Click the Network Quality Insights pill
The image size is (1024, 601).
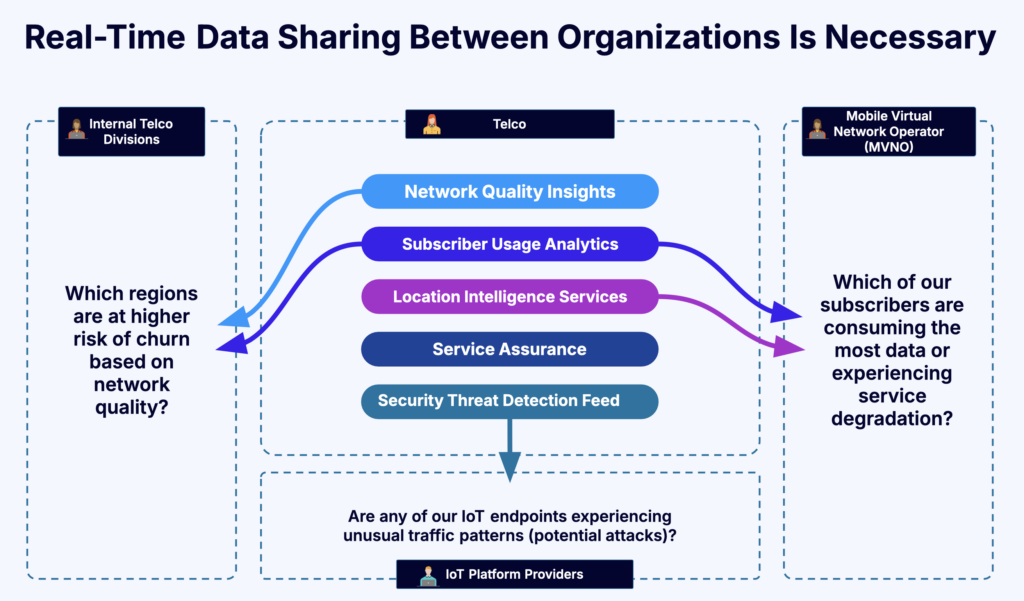click(509, 191)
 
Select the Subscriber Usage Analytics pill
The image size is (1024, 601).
click(509, 244)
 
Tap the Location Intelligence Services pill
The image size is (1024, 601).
click(509, 297)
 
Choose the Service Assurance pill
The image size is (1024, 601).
click(509, 349)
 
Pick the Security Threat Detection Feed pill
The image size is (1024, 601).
click(509, 401)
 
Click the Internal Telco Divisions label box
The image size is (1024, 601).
click(131, 131)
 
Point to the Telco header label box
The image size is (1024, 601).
click(509, 125)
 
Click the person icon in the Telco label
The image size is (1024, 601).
click(432, 125)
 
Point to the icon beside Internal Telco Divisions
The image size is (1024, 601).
click(76, 130)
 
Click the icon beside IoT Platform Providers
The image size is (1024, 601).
click(428, 575)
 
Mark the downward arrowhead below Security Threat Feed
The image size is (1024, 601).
click(510, 466)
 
